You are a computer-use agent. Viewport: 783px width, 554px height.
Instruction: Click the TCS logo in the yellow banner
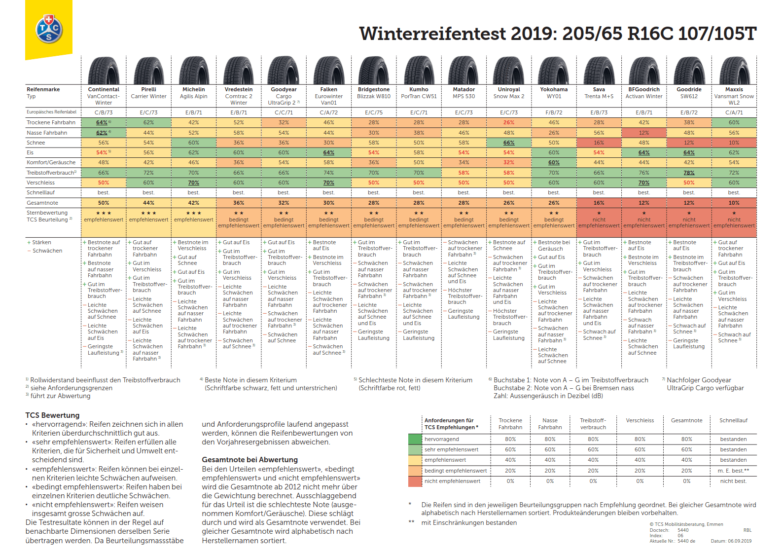click(x=48, y=29)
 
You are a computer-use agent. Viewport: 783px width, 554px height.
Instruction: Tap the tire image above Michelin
click(x=194, y=71)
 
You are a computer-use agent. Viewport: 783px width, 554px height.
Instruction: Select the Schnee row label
click(x=36, y=143)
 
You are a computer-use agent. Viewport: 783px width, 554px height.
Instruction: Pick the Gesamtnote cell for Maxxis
click(x=734, y=203)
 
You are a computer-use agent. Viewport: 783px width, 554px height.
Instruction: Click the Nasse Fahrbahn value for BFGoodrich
click(x=644, y=133)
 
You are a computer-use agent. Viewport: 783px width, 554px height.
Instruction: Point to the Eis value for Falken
click(x=329, y=153)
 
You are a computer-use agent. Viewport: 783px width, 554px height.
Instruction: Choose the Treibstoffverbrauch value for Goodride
click(x=689, y=173)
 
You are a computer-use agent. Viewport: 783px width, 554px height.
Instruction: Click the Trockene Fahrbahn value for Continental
click(x=103, y=122)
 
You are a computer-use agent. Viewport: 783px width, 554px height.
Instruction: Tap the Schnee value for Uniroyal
click(x=509, y=143)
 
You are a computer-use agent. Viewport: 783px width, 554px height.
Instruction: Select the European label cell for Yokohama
click(x=554, y=112)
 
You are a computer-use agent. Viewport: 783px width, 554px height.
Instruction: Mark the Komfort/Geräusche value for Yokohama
click(x=554, y=162)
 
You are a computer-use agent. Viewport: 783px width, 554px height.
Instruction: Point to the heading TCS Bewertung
click(x=52, y=415)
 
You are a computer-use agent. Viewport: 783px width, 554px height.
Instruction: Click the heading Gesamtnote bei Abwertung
click(x=249, y=460)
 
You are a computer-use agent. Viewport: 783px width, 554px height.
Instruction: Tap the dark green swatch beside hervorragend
click(x=415, y=439)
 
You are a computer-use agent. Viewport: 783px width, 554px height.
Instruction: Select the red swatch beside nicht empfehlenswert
click(x=415, y=481)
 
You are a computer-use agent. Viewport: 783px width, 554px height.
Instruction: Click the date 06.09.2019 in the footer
click(x=740, y=541)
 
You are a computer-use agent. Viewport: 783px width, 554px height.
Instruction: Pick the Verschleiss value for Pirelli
click(x=148, y=183)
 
